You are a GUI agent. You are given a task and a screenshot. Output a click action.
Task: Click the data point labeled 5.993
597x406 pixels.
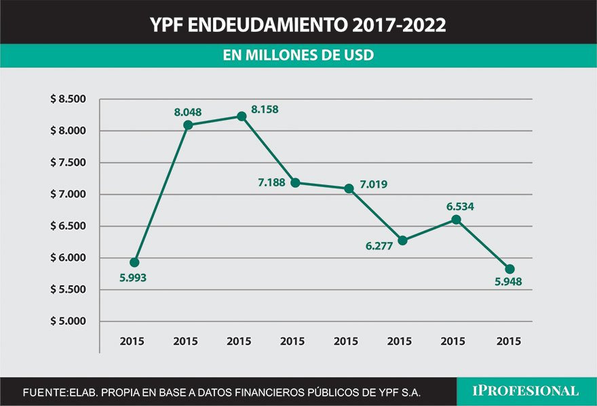point(134,262)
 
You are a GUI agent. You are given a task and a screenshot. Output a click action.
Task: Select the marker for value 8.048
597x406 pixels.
point(188,125)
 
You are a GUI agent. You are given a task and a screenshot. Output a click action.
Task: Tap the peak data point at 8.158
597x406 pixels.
point(242,117)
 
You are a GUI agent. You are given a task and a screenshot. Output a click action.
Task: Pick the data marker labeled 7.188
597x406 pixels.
point(295,183)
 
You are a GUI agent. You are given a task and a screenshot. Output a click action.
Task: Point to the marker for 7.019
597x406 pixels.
point(349,188)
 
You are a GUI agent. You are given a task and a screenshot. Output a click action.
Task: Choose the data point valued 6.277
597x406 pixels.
point(403,241)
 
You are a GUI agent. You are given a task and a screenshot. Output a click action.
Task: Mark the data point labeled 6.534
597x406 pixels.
point(456,220)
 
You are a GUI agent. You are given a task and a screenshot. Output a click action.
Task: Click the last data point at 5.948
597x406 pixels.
point(510,269)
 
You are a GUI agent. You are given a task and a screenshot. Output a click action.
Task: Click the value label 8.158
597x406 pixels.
point(265,109)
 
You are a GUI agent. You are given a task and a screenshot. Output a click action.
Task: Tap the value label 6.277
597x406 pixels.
point(379,246)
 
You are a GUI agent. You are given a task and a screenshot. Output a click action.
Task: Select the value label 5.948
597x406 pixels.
point(509,283)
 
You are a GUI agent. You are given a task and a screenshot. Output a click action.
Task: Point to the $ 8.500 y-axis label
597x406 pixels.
point(68,100)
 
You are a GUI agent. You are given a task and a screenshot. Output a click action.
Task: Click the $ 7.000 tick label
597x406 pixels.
point(68,195)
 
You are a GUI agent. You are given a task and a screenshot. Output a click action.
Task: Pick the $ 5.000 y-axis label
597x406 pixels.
point(68,321)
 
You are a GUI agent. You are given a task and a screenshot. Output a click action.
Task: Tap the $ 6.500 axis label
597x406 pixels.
point(68,226)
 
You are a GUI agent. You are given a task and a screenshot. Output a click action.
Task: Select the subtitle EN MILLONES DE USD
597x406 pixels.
point(298,56)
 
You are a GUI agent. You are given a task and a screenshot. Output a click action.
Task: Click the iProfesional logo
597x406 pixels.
point(526,391)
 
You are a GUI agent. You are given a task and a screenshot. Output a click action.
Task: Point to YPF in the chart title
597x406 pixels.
point(166,26)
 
